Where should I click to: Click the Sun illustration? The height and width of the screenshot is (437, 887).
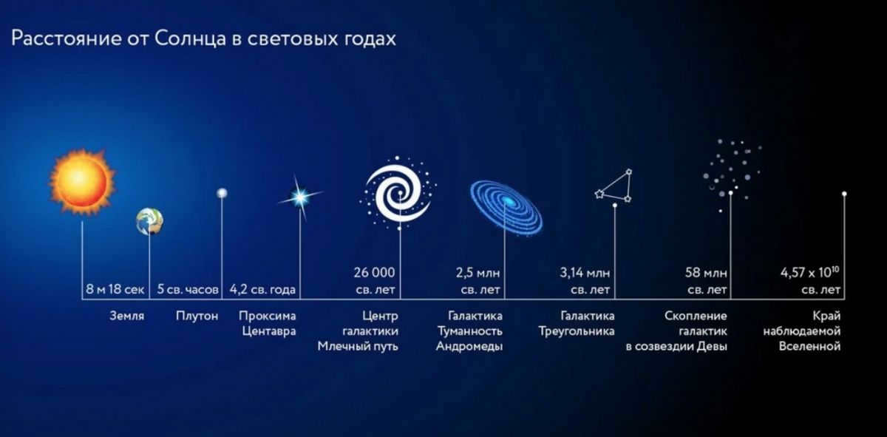pyautogui.click(x=82, y=182)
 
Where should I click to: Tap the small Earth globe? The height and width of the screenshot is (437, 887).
pyautogui.click(x=149, y=221)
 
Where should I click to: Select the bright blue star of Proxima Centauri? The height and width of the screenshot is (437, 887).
pyautogui.click(x=300, y=197)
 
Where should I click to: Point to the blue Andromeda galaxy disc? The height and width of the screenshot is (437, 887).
pyautogui.click(x=506, y=208)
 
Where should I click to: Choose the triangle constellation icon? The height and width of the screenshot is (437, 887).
pyautogui.click(x=614, y=186)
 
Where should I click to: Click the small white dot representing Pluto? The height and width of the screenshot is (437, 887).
pyautogui.click(x=222, y=193)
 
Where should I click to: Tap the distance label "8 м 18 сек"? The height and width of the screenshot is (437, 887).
pyautogui.click(x=115, y=289)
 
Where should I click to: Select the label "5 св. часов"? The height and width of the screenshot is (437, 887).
pyautogui.click(x=188, y=289)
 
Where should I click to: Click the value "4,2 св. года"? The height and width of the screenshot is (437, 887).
pyautogui.click(x=262, y=290)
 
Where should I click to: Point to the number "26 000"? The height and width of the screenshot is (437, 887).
pyautogui.click(x=374, y=273)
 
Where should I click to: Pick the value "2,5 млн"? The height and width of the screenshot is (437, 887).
pyautogui.click(x=478, y=273)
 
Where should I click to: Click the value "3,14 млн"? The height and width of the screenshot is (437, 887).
pyautogui.click(x=585, y=273)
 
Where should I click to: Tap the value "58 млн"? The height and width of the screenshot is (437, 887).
pyautogui.click(x=706, y=273)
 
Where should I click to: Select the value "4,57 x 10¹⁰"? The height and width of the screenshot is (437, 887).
pyautogui.click(x=810, y=272)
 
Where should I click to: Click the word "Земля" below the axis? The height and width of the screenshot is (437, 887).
pyautogui.click(x=126, y=316)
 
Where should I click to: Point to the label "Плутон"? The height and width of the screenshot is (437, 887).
pyautogui.click(x=197, y=316)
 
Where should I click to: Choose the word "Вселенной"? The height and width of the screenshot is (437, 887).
pyautogui.click(x=809, y=347)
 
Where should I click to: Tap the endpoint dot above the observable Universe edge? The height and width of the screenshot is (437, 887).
pyautogui.click(x=844, y=194)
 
